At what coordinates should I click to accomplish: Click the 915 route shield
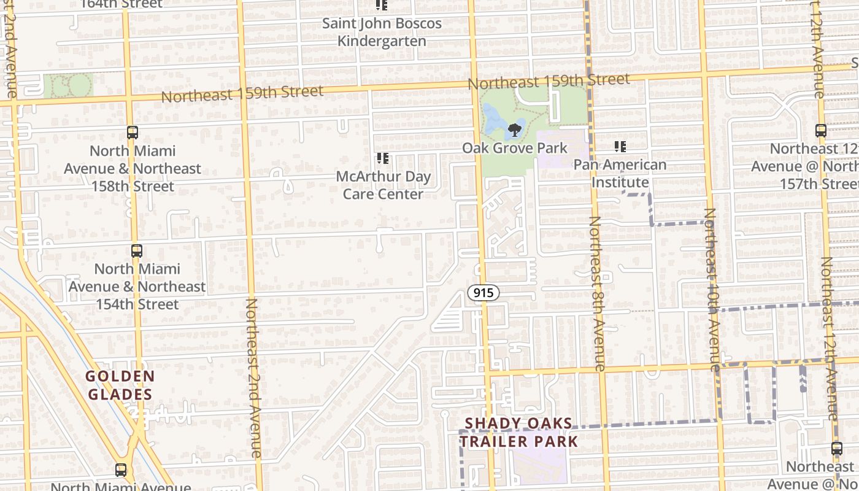pyautogui.click(x=483, y=293)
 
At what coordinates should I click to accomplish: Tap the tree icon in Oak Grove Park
pyautogui.click(x=514, y=130)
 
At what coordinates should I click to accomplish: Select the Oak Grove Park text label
pyautogui.click(x=514, y=149)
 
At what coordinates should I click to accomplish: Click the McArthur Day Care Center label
pyautogui.click(x=383, y=185)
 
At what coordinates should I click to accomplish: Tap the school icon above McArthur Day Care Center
pyautogui.click(x=383, y=158)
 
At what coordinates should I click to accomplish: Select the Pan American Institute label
pyautogui.click(x=620, y=174)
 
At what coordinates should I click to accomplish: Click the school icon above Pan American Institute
pyautogui.click(x=620, y=147)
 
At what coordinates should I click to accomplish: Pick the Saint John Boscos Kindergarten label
pyautogui.click(x=382, y=33)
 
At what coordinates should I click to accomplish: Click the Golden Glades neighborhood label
pyautogui.click(x=120, y=385)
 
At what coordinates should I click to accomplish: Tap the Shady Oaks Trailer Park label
pyautogui.click(x=519, y=432)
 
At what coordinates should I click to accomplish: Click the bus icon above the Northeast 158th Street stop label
pyautogui.click(x=133, y=132)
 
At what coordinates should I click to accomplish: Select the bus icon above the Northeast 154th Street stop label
pyautogui.click(x=137, y=250)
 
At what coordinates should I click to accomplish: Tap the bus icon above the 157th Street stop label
pyautogui.click(x=821, y=130)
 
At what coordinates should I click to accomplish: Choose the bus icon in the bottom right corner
pyautogui.click(x=837, y=448)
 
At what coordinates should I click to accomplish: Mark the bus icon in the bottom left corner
pyautogui.click(x=121, y=470)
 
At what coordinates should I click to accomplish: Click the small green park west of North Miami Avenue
pyautogui.click(x=68, y=86)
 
